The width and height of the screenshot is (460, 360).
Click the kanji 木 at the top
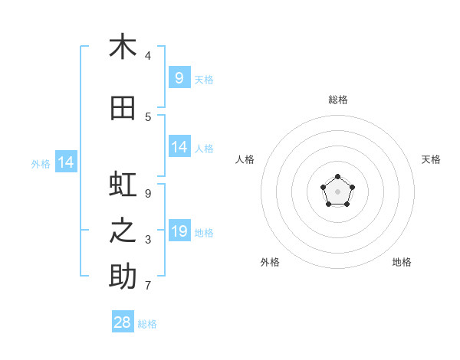(123, 47)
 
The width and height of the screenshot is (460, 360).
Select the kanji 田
(123, 109)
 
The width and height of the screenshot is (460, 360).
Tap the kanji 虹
(123, 186)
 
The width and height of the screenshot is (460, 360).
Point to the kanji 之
(123, 232)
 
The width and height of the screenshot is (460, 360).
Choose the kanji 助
(123, 277)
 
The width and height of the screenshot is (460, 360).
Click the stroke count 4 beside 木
(148, 56)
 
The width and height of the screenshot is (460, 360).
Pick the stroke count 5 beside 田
(148, 117)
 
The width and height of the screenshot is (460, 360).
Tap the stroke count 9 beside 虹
(148, 194)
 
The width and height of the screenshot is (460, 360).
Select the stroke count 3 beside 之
(148, 240)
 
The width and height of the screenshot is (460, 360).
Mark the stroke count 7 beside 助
(148, 286)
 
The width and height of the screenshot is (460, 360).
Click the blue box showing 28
(123, 322)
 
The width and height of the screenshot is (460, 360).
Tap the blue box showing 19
(179, 231)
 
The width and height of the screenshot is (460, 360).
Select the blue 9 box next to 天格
(179, 78)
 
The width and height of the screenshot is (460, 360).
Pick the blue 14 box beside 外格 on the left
(65, 162)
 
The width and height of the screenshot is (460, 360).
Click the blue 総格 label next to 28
(148, 324)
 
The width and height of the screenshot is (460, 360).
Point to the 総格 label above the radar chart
(337, 100)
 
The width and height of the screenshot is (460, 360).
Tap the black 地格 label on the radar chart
(402, 262)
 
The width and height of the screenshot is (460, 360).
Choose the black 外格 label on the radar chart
(270, 262)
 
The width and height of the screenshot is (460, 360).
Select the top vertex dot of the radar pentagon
(337, 178)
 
